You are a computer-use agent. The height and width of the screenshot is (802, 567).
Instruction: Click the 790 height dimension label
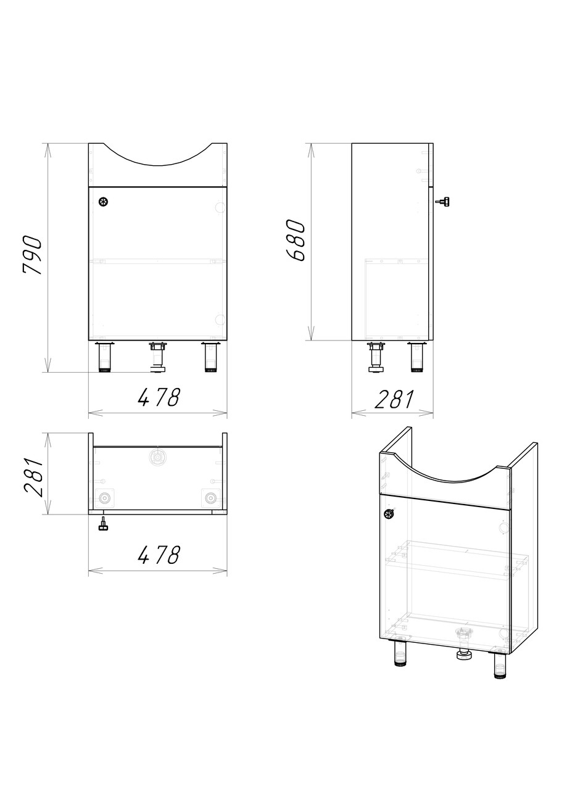33,255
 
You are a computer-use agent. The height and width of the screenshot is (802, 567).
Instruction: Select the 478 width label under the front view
159,397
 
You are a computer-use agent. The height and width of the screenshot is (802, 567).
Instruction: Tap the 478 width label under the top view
159,555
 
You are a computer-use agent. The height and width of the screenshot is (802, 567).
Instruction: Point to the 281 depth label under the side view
394,399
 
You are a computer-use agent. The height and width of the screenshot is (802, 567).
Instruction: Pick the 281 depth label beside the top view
33,477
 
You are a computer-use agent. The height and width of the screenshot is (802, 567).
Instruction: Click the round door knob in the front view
103,202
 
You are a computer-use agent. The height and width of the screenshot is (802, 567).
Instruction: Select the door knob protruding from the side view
443,202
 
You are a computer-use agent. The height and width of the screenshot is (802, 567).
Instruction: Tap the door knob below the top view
104,523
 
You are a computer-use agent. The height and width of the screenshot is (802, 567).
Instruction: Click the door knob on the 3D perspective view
389,514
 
